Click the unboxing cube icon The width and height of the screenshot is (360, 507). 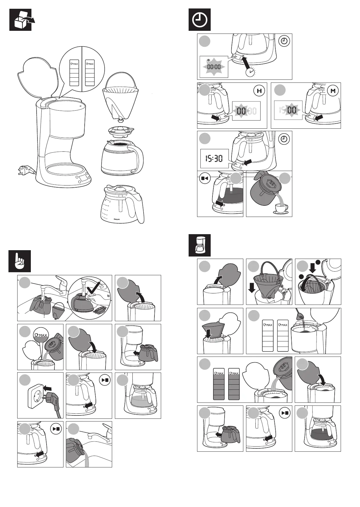click(20, 20)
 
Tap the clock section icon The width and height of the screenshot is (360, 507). click(199, 20)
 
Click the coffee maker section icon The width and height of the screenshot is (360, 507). click(199, 245)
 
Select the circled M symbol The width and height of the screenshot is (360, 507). click(333, 91)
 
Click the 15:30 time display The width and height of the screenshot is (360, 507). click(214, 158)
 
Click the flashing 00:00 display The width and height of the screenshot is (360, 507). click(214, 67)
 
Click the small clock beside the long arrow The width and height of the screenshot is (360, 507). click(250, 72)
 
